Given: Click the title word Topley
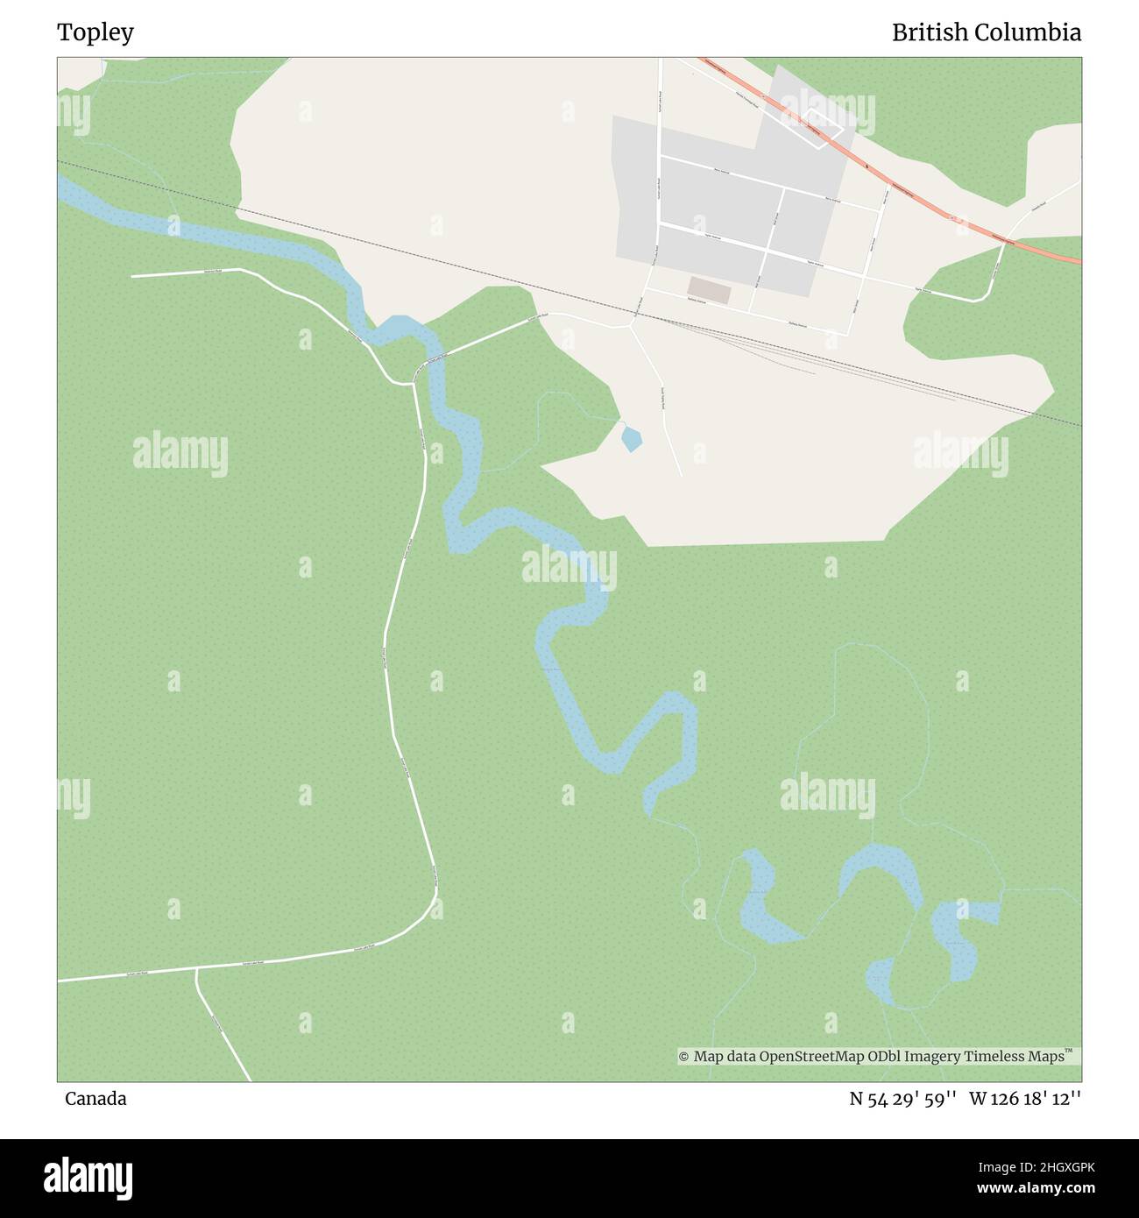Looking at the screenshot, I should [x=96, y=32].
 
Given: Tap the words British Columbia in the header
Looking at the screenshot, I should [x=986, y=32].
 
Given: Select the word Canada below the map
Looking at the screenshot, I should [x=96, y=1099].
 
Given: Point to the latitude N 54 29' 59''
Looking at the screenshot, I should [x=903, y=1099].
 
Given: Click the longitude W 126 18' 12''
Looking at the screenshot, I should [x=1025, y=1099].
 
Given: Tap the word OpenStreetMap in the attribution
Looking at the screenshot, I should [x=812, y=1057].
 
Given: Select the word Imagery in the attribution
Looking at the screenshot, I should [x=932, y=1057].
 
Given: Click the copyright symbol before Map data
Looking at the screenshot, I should [x=683, y=1057].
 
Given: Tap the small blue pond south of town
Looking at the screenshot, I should [x=631, y=437].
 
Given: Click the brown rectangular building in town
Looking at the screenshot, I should [x=709, y=291].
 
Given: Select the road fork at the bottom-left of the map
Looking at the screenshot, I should [x=196, y=969].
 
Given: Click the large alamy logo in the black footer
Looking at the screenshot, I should [x=88, y=1178].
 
